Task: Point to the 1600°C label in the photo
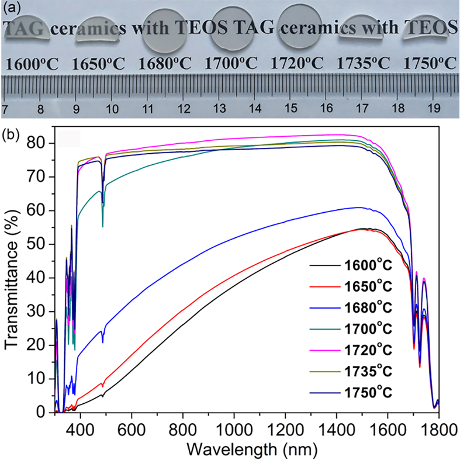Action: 33,64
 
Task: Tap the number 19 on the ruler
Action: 433,109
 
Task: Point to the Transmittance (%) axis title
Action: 13,278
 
